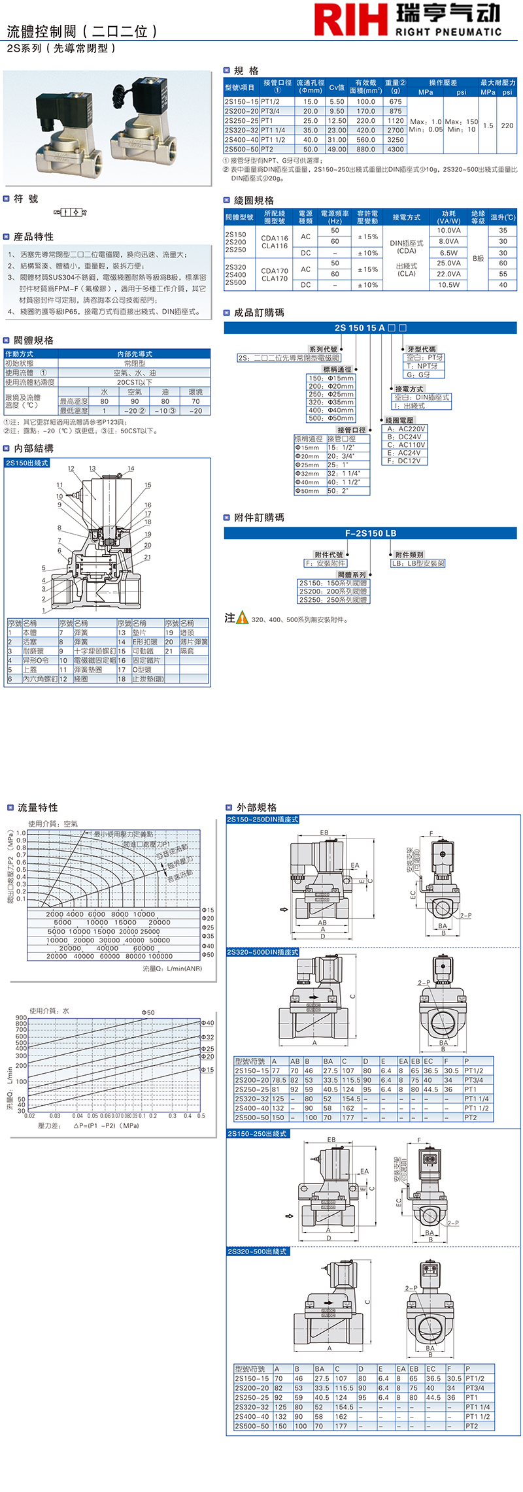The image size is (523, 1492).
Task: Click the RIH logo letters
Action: [350, 20]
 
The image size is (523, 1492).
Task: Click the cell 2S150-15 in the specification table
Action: [241, 102]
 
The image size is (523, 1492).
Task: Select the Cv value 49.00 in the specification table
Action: [337, 149]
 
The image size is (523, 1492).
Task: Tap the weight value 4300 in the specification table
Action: [396, 149]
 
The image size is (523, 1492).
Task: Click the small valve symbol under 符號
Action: [70, 212]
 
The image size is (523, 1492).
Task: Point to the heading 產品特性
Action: [33, 237]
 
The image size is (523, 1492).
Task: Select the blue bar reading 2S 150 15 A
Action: [370, 328]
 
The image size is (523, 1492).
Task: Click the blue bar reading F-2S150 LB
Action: [370, 533]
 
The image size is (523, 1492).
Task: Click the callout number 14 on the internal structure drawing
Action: [131, 469]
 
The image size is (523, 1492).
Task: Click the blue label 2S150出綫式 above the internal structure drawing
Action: [27, 463]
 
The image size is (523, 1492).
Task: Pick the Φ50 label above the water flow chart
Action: [148, 1012]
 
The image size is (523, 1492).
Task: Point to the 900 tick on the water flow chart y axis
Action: [21, 1018]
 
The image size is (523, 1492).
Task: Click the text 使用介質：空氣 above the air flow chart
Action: [53, 823]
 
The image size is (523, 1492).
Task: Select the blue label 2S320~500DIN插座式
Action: [263, 952]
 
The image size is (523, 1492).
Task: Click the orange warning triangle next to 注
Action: [243, 618]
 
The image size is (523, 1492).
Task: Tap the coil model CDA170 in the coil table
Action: [275, 271]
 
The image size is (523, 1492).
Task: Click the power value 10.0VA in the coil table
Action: [448, 230]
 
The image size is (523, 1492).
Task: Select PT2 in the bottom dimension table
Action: [471, 1426]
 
